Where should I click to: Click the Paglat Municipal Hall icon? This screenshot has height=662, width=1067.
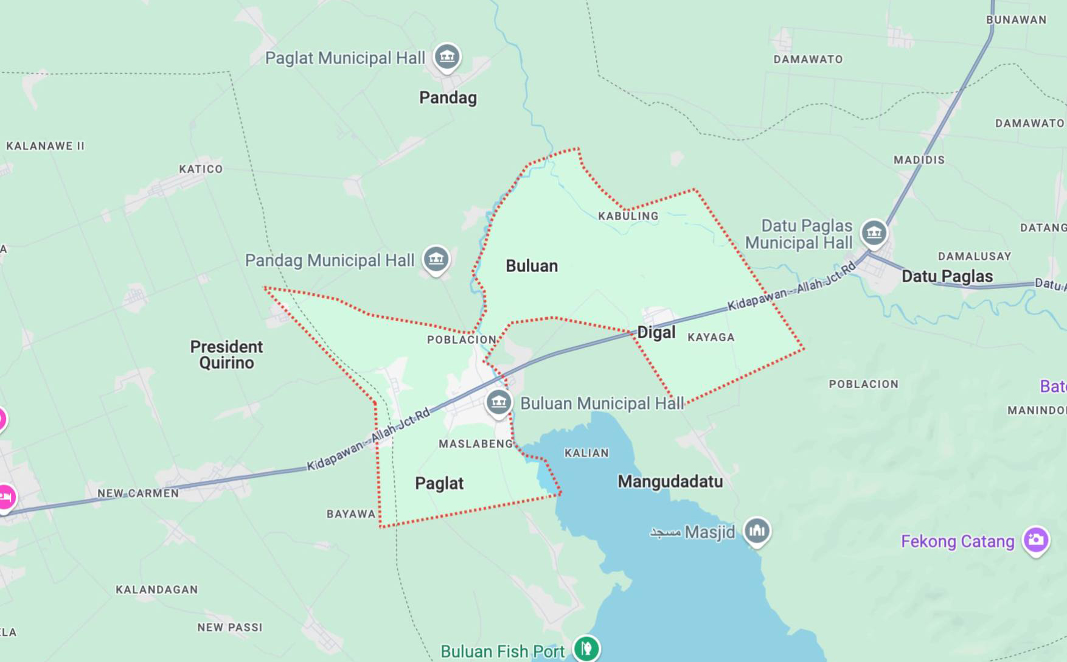(447, 57)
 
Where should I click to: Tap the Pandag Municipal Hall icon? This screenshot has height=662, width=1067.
(436, 259)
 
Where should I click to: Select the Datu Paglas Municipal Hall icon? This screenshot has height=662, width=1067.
(874, 232)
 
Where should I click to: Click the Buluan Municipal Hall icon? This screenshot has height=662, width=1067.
(499, 402)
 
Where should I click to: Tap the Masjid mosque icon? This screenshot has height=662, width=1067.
(757, 531)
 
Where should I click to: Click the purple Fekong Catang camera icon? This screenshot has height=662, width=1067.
(1036, 540)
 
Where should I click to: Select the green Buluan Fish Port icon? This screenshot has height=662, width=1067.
(586, 649)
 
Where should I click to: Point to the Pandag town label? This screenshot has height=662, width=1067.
(448, 97)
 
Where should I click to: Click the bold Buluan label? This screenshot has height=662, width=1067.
(532, 266)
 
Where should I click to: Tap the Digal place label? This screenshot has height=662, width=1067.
(656, 332)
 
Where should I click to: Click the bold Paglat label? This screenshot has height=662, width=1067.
(439, 483)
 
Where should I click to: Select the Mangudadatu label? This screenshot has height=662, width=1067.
(670, 481)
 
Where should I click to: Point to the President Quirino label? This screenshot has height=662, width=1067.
(226, 354)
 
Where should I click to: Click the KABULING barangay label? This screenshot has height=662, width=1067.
(628, 216)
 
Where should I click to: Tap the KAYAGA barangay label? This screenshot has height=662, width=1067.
(711, 337)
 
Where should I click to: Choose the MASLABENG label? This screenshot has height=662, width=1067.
(476, 444)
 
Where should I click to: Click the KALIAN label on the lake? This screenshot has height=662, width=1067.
(586, 453)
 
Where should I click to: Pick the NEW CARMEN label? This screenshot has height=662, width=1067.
(138, 493)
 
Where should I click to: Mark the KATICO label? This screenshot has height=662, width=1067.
(201, 169)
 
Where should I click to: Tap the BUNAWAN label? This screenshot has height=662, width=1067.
(1016, 19)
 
